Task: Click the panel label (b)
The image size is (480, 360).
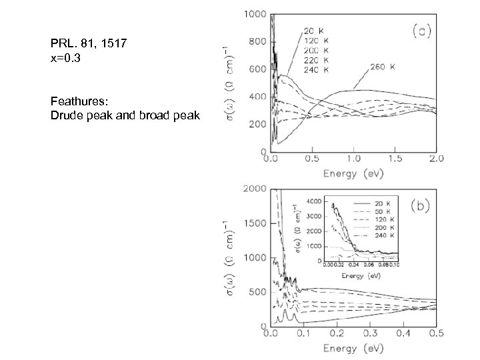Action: pos(419,205)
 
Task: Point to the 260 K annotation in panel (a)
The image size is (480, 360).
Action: pos(383,67)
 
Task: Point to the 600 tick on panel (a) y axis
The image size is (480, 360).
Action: pos(257,69)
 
